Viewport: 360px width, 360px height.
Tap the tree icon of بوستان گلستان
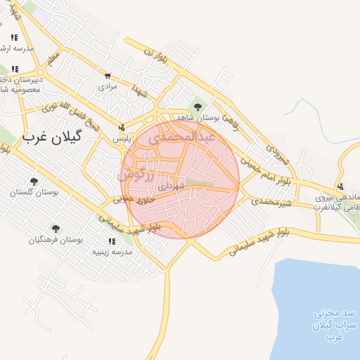pos(34,181)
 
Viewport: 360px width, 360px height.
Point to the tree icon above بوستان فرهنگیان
pos(56,229)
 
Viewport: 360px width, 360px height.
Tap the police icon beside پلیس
pos(123,128)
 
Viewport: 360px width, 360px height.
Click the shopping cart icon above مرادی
pos(107,76)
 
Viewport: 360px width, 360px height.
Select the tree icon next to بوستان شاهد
pos(198,107)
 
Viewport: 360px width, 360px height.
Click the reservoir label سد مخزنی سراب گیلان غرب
pos(326,324)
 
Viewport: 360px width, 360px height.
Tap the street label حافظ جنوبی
pos(134,200)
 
